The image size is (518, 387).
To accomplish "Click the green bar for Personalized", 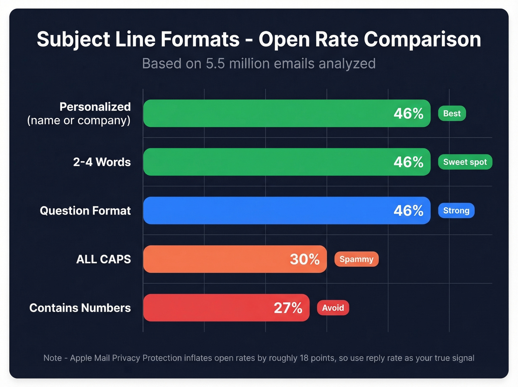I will click(x=266, y=113).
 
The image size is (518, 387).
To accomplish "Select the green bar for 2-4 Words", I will click(x=266, y=162).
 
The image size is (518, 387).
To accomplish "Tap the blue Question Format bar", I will click(x=266, y=210).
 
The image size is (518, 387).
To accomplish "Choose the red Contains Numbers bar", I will click(x=207, y=307).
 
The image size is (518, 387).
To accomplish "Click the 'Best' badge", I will click(x=452, y=113).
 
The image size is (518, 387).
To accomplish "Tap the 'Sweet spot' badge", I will click(x=465, y=162).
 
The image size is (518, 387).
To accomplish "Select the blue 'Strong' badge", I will click(x=456, y=210).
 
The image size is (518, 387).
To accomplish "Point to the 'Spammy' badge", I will click(x=356, y=259).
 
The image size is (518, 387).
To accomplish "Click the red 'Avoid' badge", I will click(x=333, y=307).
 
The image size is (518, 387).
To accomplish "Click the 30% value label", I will click(x=305, y=259).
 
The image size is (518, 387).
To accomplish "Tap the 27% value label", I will click(x=288, y=308).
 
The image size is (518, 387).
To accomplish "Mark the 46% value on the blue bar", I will click(x=408, y=211).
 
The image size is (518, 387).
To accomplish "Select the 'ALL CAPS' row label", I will click(x=104, y=259).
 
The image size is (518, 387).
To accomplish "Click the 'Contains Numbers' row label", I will click(x=80, y=308).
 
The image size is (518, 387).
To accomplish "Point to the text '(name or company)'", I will click(x=79, y=120).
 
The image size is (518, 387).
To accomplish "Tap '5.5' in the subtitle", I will click(x=215, y=64).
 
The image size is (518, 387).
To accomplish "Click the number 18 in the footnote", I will click(x=304, y=358).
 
